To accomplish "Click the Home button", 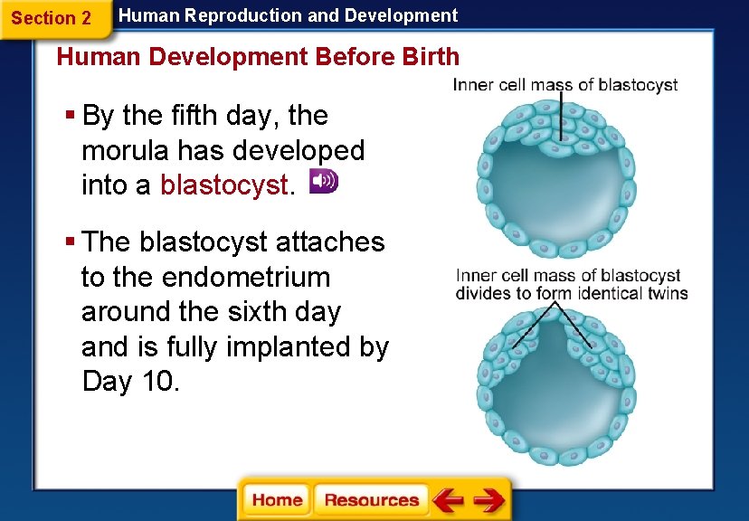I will click(x=277, y=500).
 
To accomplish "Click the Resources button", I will click(x=371, y=500).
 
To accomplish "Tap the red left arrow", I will click(x=447, y=500).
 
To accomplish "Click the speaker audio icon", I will click(x=323, y=181).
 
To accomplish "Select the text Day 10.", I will click(x=130, y=382).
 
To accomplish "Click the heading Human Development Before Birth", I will click(x=258, y=57).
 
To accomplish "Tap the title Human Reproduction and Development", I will click(x=289, y=15).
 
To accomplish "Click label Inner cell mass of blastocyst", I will click(x=565, y=85).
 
